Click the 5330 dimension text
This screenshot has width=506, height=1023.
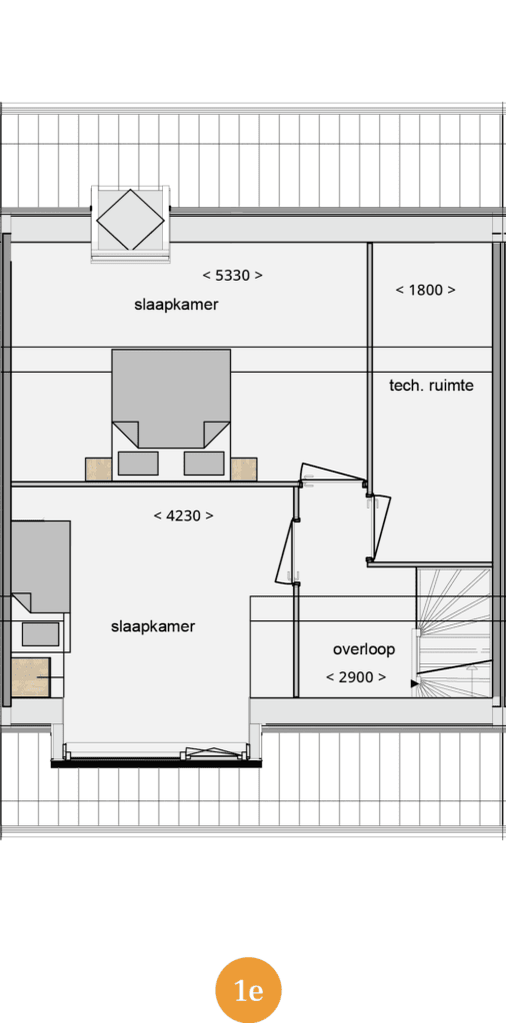(x=232, y=276)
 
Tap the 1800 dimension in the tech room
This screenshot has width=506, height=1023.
(x=425, y=291)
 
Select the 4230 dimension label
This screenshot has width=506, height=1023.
(x=183, y=516)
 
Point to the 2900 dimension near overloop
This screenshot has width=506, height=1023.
(x=356, y=677)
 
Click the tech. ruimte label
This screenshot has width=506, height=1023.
(x=431, y=386)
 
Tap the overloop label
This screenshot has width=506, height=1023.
(x=364, y=649)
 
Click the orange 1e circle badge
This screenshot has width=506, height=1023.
(x=248, y=990)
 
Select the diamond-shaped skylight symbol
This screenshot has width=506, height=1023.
(x=130, y=219)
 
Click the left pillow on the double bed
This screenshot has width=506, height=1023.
(x=138, y=464)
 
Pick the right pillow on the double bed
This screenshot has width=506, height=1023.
(x=204, y=464)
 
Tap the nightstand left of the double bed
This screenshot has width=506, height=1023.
(x=99, y=470)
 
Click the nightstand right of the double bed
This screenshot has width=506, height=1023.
(x=244, y=470)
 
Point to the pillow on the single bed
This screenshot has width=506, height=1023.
(x=40, y=633)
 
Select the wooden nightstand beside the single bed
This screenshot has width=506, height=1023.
(x=31, y=676)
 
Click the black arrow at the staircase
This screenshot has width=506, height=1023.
(x=415, y=683)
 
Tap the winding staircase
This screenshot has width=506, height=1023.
(x=454, y=632)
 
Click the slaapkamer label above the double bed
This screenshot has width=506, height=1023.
(x=176, y=305)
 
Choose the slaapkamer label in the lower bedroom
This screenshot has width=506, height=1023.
(x=153, y=627)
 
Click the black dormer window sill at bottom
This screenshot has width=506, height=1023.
(x=157, y=762)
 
